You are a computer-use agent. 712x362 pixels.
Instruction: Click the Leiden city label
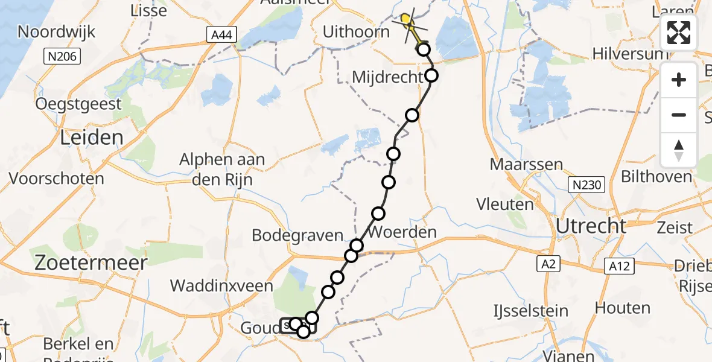pos(92,138)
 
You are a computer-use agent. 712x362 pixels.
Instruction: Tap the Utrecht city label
pos(591,226)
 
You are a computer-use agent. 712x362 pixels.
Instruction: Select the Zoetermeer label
pos(91,263)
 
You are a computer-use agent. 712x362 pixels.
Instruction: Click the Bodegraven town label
pos(297,235)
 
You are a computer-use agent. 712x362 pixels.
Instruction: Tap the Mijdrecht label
pos(387,77)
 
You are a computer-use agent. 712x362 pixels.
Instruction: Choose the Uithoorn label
pos(357,31)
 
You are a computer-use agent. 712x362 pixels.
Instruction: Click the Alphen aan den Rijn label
pos(215,170)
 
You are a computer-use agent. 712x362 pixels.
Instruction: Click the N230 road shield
pos(587,185)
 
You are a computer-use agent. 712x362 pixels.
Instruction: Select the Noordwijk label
pos(56,32)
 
